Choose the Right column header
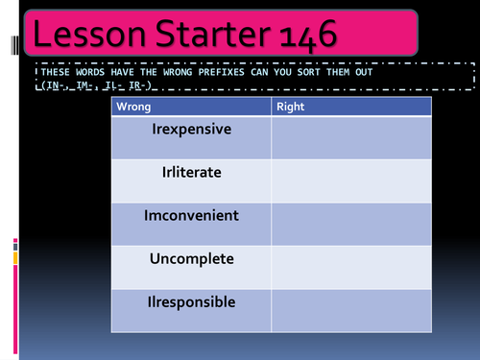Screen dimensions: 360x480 pyautogui.click(x=290, y=107)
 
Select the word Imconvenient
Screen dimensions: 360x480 pyautogui.click(x=192, y=215)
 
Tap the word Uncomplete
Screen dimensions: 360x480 pyautogui.click(x=192, y=259)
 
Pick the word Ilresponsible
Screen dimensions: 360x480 pyautogui.click(x=192, y=301)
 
